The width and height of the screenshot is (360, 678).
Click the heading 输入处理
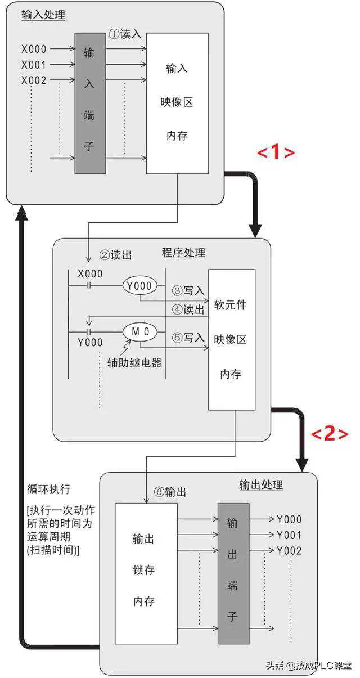(43, 15)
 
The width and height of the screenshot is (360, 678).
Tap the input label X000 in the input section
(34, 50)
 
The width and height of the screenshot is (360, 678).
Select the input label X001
(34, 65)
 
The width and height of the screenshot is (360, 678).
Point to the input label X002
(34, 80)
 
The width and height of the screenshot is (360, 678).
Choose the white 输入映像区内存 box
(177, 103)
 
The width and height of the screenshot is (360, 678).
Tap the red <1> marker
(276, 152)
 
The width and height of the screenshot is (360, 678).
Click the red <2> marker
(330, 433)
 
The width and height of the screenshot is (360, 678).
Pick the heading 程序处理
(183, 253)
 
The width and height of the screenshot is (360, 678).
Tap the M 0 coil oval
(140, 331)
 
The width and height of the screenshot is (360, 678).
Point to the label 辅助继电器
(135, 363)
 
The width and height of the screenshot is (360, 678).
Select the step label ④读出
(188, 309)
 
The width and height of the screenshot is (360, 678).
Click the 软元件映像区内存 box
(231, 339)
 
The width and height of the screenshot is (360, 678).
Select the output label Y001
(289, 535)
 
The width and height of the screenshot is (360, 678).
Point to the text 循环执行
(49, 488)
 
